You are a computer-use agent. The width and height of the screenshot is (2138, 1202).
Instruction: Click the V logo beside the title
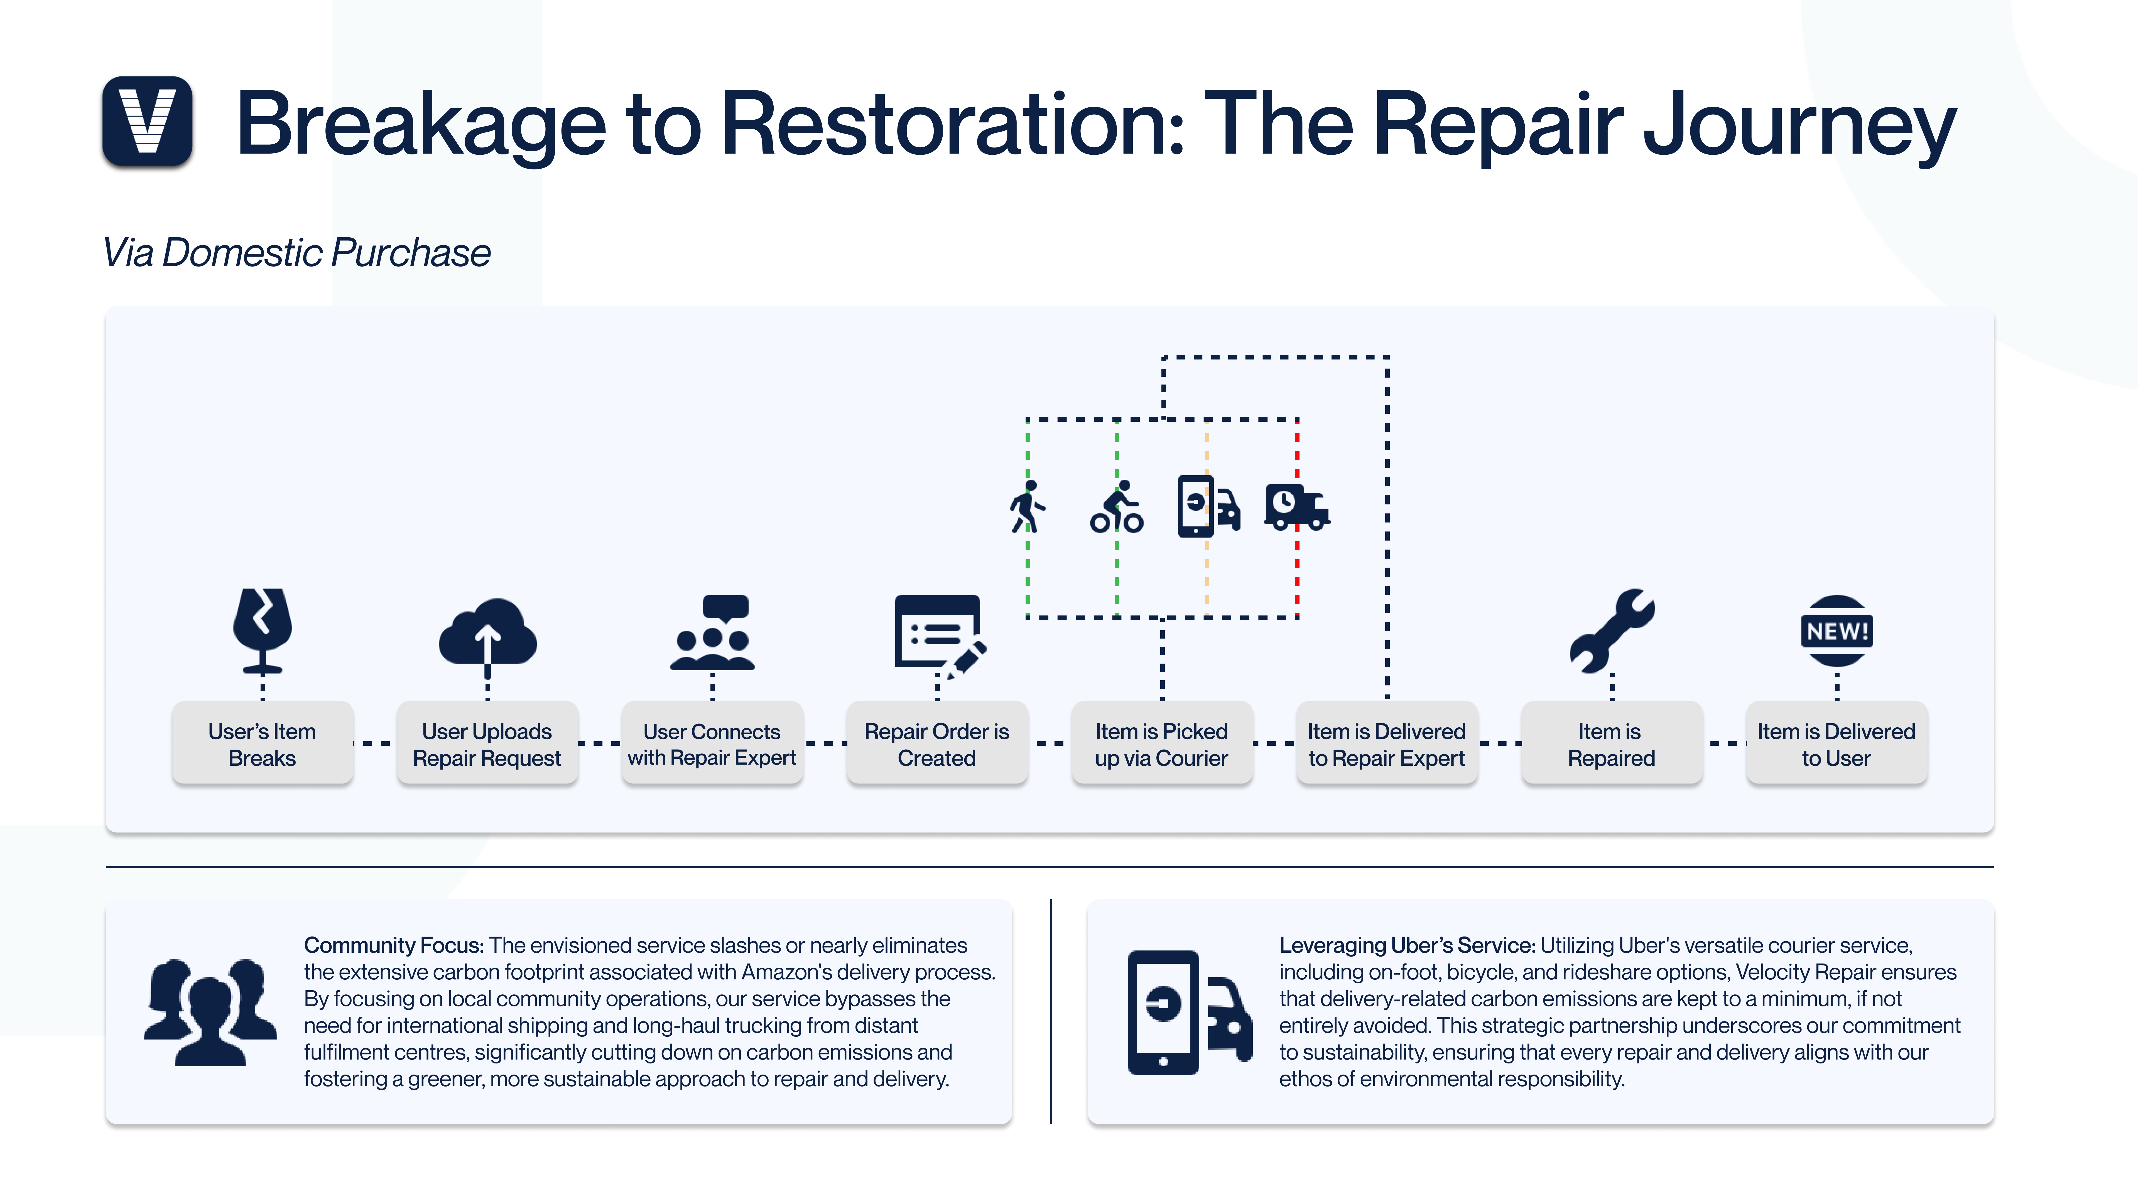pyautogui.click(x=148, y=121)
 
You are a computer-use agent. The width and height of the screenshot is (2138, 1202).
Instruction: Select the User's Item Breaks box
pyautogui.click(x=262, y=743)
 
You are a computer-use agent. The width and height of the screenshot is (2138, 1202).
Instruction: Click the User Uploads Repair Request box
pyautogui.click(x=487, y=743)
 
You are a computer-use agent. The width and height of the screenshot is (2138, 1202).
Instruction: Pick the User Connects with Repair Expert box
pyautogui.click(x=712, y=743)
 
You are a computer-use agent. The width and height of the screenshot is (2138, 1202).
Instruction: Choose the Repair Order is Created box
pyautogui.click(x=937, y=743)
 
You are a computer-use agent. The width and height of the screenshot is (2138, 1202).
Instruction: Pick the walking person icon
pyautogui.click(x=1028, y=506)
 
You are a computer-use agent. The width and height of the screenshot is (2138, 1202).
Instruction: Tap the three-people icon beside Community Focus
pyautogui.click(x=210, y=1012)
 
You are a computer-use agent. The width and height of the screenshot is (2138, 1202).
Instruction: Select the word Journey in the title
pyautogui.click(x=1799, y=124)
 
